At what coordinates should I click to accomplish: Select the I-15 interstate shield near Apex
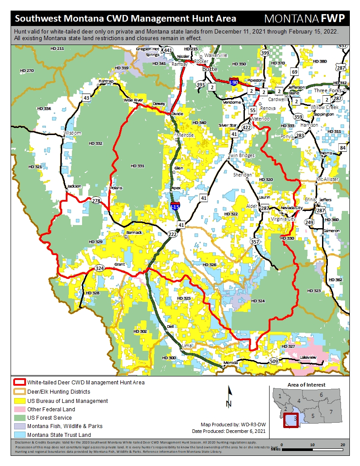[176, 206]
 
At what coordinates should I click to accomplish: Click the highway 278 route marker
[96, 201]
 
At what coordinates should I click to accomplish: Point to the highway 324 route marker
[100, 268]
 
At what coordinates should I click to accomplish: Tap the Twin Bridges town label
[241, 156]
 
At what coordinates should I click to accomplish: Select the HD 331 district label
[138, 166]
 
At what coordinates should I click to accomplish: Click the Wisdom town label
[73, 133]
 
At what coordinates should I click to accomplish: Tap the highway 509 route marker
[274, 361]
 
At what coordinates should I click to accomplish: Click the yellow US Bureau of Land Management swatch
[19, 401]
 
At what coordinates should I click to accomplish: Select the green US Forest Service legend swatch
[19, 417]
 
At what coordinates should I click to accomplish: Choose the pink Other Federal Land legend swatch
[19, 410]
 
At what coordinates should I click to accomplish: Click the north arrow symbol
[229, 396]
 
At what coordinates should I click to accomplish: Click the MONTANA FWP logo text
[304, 19]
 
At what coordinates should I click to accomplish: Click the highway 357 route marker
[255, 242]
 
